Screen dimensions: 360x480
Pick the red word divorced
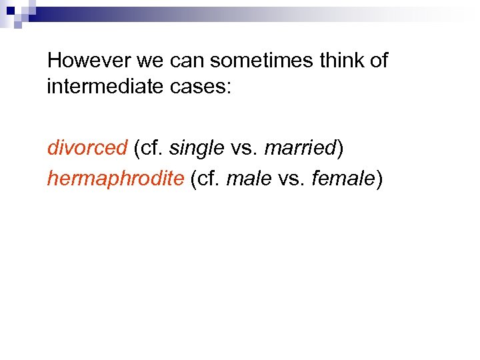tap(87, 147)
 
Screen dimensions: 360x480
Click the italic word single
tap(197, 147)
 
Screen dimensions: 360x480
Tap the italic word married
tap(300, 147)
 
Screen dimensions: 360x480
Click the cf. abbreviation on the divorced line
tap(153, 147)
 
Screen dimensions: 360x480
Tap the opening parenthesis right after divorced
tap(136, 147)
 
